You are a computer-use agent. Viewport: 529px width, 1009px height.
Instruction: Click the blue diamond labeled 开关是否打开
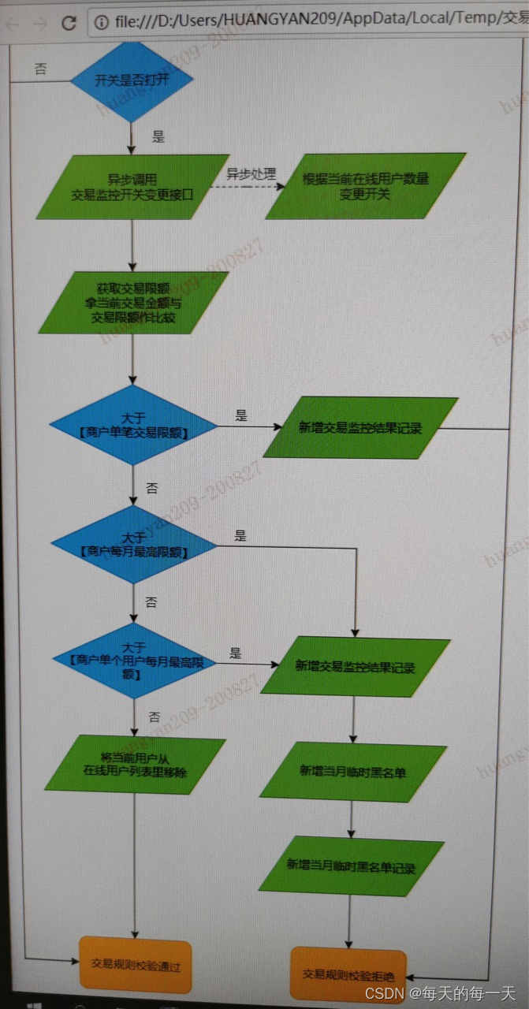(x=132, y=80)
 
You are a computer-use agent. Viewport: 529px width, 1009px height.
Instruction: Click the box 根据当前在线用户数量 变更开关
(x=365, y=186)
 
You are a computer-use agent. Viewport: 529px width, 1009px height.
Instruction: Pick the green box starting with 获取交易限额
(x=133, y=303)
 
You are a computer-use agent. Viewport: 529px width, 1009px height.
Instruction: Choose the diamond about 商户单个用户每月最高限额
(x=133, y=661)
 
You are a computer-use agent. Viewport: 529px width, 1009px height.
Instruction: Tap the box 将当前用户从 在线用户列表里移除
(x=135, y=765)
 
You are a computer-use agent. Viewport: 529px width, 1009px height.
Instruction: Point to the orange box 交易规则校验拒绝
(x=348, y=973)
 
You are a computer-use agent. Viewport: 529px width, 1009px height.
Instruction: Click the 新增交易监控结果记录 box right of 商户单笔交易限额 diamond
(x=360, y=428)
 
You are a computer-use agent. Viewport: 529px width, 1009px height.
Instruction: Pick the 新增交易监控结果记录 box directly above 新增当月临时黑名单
(x=355, y=667)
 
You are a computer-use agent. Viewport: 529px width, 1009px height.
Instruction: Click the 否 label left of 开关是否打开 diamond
(x=40, y=69)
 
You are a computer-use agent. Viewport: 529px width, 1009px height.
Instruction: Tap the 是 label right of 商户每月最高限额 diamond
(x=240, y=536)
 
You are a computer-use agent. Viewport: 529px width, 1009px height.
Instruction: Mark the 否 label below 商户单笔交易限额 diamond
(x=152, y=489)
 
